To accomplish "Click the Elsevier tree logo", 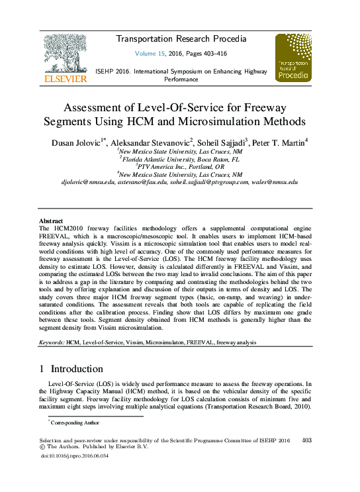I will (64, 52).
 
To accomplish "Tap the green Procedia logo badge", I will (292, 58).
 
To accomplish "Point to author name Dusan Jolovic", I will (79, 142).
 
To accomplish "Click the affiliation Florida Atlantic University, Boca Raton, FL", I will (179, 160).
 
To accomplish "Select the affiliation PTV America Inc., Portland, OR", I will (179, 168).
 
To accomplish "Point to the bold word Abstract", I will (51, 221).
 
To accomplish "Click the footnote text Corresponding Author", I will (75, 422).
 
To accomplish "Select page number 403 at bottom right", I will (306, 440).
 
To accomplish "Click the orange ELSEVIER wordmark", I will (64, 79).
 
